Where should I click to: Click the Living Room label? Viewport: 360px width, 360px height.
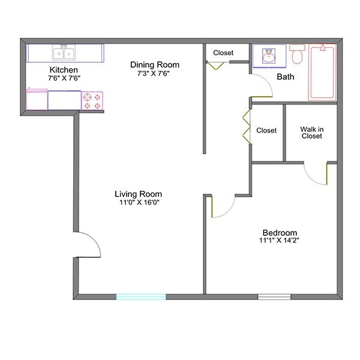tap(139, 194)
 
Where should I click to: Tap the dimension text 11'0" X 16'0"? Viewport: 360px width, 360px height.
tap(139, 203)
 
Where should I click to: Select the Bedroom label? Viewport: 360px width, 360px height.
tap(280, 233)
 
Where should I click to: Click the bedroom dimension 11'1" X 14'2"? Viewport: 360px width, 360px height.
tap(280, 241)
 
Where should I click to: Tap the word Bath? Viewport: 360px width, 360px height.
tap(285, 77)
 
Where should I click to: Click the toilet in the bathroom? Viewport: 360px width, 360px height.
tap(298, 53)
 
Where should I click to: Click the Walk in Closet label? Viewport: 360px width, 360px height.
tap(312, 132)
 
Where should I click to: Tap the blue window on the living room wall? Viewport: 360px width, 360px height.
tap(140, 296)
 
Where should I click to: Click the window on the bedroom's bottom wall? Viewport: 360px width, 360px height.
tap(274, 296)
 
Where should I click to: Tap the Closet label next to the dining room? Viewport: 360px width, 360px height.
tap(223, 53)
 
